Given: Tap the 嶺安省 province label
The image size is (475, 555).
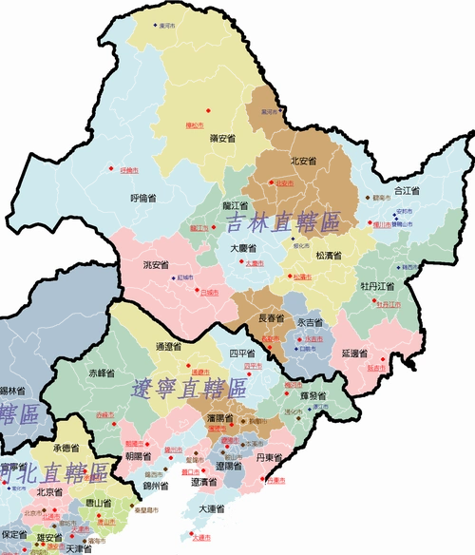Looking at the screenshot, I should point(222,139).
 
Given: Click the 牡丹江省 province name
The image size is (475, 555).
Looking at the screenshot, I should point(377,285).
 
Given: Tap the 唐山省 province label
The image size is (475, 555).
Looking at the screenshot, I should point(100,502).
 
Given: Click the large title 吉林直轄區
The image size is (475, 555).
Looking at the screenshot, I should point(283,223).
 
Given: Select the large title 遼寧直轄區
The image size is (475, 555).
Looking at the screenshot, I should point(188,388).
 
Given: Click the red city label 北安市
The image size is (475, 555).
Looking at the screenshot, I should point(284,183).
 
